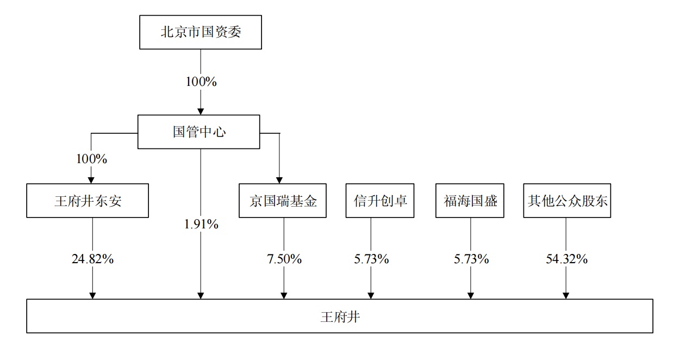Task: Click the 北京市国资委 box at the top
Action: point(200,32)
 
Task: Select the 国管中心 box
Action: point(198,132)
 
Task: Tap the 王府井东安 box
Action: point(88,201)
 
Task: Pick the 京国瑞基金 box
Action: point(283,201)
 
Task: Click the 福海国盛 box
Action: point(470,201)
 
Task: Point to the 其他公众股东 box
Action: point(567,201)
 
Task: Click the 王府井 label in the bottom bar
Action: point(340,316)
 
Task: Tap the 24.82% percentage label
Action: point(92,259)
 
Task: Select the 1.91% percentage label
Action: point(201,224)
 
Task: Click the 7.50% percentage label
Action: point(284,259)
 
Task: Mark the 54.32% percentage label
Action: point(566,259)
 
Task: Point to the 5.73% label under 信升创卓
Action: point(371,259)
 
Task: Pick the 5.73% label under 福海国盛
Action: point(471,259)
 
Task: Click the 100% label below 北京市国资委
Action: point(201,82)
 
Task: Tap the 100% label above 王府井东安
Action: point(91,159)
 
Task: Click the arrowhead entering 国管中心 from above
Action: point(201,111)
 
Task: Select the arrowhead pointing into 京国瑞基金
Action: point(279,180)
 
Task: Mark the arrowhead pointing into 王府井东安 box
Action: point(91,180)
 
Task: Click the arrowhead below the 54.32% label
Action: point(566,295)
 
